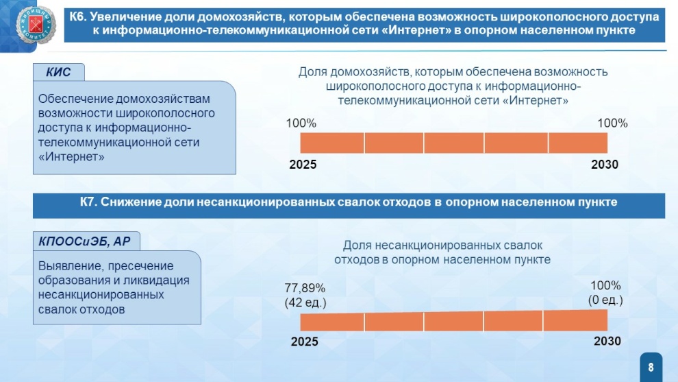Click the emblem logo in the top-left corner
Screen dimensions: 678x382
coord(36,24)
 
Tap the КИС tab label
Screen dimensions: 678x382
coord(58,72)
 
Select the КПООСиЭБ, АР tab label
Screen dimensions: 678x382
coord(84,241)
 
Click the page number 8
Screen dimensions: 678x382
coord(651,368)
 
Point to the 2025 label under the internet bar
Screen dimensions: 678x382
coord(303,165)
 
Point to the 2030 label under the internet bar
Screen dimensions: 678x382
coord(605,165)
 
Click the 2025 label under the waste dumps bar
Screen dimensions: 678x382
coord(304,342)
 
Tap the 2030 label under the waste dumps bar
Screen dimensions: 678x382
coord(607,342)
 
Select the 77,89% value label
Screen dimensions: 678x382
coord(305,288)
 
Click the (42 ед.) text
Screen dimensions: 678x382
coord(305,302)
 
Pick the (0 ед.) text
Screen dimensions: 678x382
coord(605,300)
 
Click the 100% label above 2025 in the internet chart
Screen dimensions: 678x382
coord(301,123)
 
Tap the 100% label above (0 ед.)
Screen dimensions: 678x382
coord(605,285)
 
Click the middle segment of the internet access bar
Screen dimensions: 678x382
coord(453,143)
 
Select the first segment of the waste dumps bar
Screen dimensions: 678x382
coord(332,322)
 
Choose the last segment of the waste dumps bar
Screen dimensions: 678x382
coord(575,320)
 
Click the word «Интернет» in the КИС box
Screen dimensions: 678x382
coord(71,157)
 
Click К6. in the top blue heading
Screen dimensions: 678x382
coord(78,17)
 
